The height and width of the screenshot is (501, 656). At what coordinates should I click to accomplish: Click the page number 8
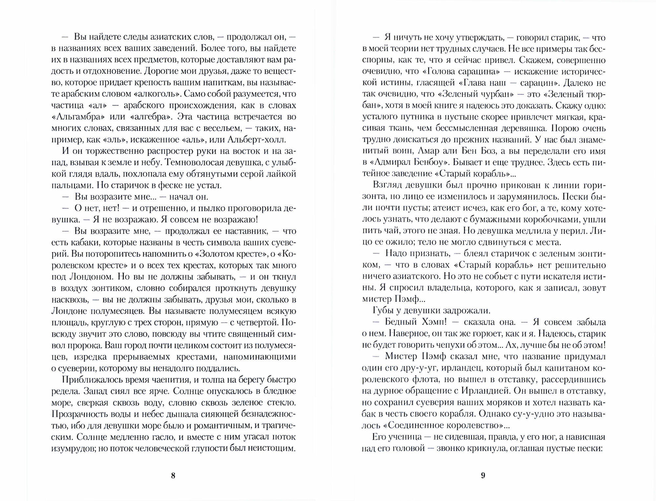173,476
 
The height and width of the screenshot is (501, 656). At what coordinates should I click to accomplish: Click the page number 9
483,476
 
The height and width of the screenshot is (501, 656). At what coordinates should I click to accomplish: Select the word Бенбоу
460,163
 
